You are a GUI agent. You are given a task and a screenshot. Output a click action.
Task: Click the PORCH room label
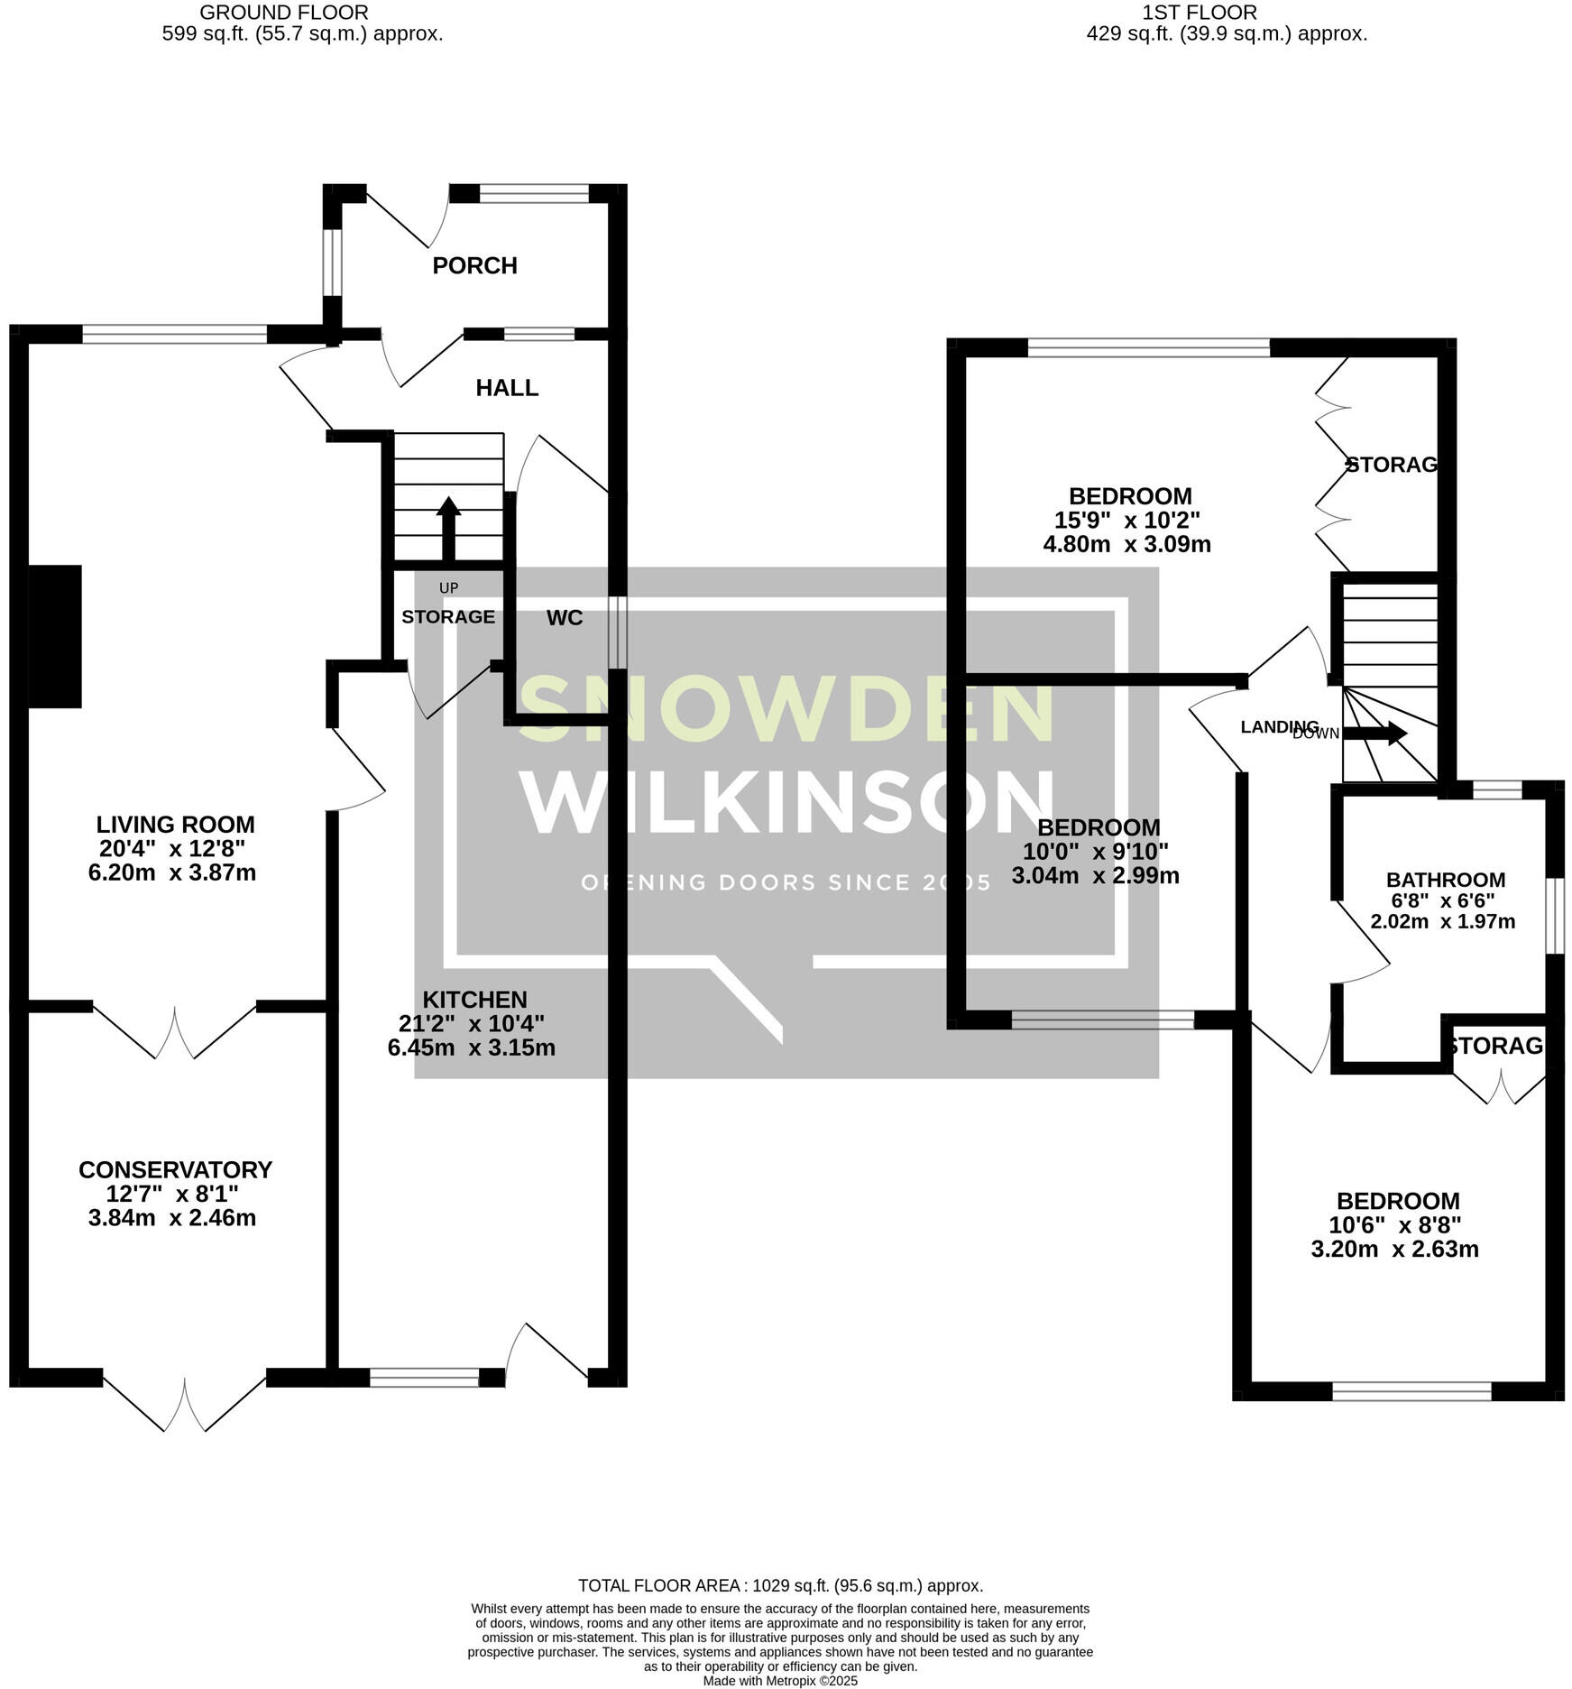pos(474,266)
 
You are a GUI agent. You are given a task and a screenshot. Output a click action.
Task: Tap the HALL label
pos(507,388)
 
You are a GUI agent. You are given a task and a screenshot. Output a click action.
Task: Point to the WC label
pos(565,618)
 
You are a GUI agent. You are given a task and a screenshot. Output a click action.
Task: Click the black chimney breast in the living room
pos(55,636)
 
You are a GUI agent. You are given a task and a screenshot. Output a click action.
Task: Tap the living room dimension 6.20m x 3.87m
pos(172,872)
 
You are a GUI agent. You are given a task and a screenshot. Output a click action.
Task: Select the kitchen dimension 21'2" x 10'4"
pos(472,1023)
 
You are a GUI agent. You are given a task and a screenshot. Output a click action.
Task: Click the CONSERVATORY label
pos(175,1169)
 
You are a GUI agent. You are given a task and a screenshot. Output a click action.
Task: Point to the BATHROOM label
pos(1445,880)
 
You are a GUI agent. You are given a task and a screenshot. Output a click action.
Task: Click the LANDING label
pos(1279,727)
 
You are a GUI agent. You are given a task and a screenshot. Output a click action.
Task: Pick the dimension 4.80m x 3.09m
pos(1126,544)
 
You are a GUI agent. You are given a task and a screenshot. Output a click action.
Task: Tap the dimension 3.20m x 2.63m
pos(1394,1250)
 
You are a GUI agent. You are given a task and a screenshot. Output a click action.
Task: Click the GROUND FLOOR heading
pos(283,13)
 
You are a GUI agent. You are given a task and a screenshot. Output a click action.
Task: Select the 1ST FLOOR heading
pos(1199,13)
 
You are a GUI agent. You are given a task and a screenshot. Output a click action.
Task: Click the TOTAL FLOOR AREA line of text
pos(780,1585)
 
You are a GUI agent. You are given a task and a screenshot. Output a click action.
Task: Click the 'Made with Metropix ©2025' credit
pos(780,1681)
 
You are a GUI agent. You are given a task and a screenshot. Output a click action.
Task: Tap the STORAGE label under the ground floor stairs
pos(448,617)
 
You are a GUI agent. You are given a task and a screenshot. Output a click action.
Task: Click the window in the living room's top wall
pos(175,334)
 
